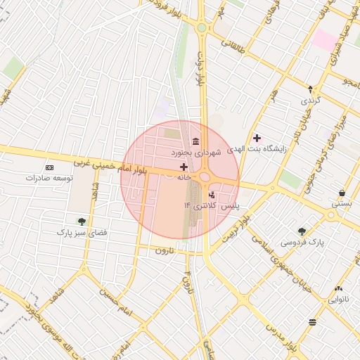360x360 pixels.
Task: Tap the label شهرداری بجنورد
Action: point(198,152)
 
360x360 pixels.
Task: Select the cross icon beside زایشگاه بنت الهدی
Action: point(257,137)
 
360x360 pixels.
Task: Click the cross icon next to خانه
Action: point(184,167)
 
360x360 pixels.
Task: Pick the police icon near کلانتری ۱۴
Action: point(212,195)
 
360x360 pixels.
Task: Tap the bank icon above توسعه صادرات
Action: point(49,167)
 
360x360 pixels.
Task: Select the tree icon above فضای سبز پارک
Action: point(82,221)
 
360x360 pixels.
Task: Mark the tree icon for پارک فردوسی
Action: point(302,231)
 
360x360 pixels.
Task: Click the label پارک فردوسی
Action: point(304,242)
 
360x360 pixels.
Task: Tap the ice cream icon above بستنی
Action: point(342,193)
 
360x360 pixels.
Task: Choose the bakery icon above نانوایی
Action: point(339,288)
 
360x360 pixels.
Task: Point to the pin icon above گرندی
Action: point(310,89)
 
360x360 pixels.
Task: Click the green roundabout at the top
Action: point(202,27)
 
